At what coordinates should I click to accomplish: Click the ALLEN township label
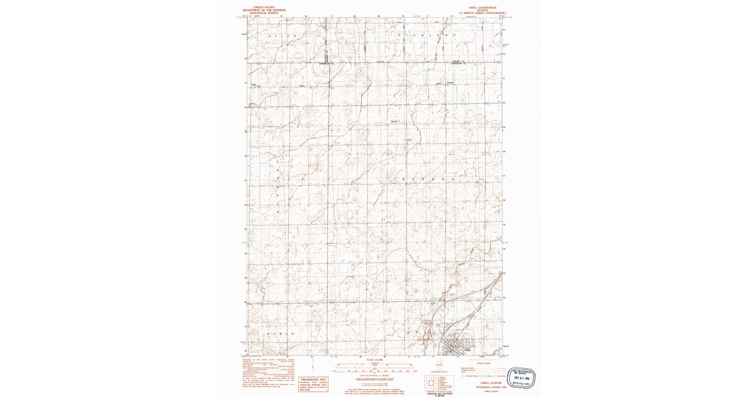282,36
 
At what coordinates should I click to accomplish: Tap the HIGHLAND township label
425,35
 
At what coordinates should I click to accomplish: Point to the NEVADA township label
428,180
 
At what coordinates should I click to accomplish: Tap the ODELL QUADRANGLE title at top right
482,8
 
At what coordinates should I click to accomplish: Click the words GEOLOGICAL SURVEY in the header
264,13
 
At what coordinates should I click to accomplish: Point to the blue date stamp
522,377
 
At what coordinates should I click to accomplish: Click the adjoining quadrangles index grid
433,382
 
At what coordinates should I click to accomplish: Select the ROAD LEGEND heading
484,364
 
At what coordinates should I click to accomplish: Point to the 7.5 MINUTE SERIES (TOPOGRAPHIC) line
482,13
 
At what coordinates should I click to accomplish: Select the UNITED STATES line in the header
264,8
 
